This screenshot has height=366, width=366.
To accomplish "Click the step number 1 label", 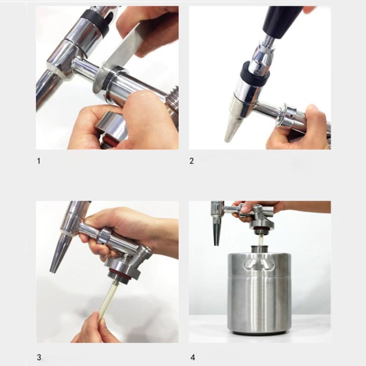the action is point(39,161).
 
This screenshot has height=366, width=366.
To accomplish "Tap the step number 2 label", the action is point(191,161).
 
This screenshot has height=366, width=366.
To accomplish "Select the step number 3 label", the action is point(39,357).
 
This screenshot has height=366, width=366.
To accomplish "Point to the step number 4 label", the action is point(193,357).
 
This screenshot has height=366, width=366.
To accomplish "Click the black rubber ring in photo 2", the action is point(255,74).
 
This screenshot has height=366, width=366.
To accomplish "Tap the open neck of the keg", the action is point(259,249).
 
